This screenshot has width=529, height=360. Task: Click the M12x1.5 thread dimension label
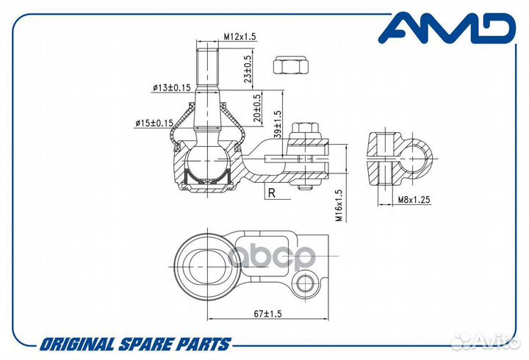click(x=240, y=36)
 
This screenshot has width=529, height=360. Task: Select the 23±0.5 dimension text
click(x=248, y=69)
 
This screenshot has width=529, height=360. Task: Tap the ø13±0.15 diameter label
click(x=172, y=87)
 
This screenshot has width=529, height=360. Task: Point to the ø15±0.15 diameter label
click(x=154, y=123)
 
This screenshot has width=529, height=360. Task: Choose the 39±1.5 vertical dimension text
click(x=278, y=124)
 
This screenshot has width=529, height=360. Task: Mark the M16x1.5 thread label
click(x=339, y=205)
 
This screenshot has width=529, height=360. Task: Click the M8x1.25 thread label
click(x=414, y=200)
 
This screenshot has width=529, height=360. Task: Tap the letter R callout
click(x=272, y=193)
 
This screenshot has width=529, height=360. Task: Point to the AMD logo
click(x=447, y=28)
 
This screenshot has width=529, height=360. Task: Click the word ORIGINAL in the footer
click(x=77, y=345)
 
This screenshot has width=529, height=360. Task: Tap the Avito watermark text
click(x=485, y=342)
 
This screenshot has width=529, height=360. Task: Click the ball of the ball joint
click(x=207, y=161)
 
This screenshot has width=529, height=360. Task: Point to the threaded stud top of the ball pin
click(x=207, y=67)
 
